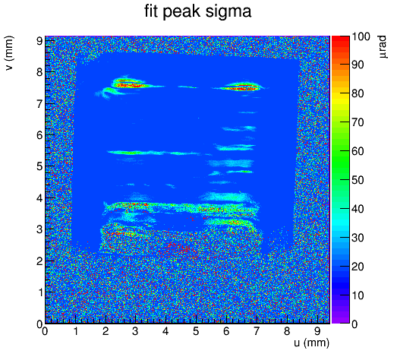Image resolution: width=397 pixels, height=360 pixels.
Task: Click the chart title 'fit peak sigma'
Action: tap(197, 11)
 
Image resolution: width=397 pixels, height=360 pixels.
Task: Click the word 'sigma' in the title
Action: tap(228, 13)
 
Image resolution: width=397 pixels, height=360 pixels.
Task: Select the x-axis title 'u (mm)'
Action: tap(312, 343)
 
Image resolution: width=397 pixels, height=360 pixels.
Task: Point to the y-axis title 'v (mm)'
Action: tap(9, 53)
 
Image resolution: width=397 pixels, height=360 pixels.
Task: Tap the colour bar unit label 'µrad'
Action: tap(383, 47)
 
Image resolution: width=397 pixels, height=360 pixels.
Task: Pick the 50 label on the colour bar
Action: tap(358, 180)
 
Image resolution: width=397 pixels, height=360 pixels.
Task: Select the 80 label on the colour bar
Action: tap(358, 93)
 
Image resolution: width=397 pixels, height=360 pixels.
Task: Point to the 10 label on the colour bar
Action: tap(358, 295)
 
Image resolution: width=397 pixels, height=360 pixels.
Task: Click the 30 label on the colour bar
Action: tap(358, 238)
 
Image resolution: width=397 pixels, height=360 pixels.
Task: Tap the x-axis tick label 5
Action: tap(196, 331)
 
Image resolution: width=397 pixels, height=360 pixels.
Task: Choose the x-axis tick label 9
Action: tap(317, 331)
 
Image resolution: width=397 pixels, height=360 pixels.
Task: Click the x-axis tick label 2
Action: tap(106, 331)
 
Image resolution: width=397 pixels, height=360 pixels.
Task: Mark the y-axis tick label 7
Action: tap(39, 104)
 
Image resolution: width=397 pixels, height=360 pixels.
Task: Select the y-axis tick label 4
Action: tap(39, 198)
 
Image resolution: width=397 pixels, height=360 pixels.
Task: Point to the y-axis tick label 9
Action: tap(39, 41)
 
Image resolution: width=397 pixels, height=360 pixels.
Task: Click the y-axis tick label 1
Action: tap(40, 292)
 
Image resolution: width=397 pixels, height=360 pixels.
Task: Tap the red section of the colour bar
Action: tap(341, 46)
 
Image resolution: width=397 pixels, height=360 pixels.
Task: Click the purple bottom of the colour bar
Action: tap(341, 318)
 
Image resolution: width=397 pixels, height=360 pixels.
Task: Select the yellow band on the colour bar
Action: tap(341, 97)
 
